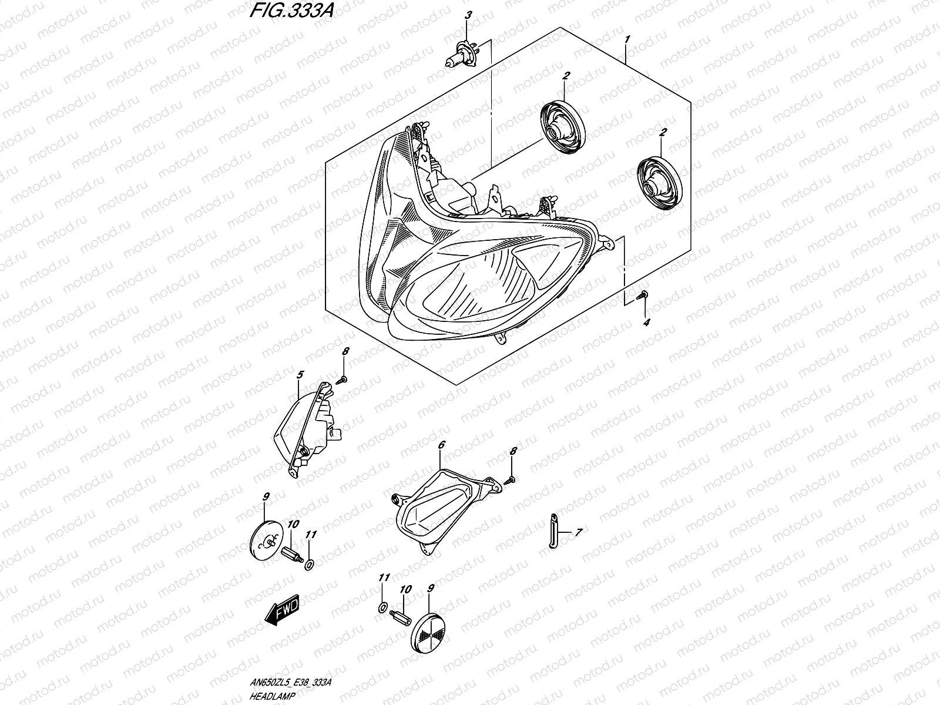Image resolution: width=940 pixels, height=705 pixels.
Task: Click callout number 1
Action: [627, 40]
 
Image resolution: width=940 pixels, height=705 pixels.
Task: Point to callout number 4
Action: [646, 323]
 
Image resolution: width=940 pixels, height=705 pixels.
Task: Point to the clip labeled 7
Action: [553, 530]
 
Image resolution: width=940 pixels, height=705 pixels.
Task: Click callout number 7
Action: [578, 532]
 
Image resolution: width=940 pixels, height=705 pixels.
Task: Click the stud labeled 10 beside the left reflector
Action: [292, 553]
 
